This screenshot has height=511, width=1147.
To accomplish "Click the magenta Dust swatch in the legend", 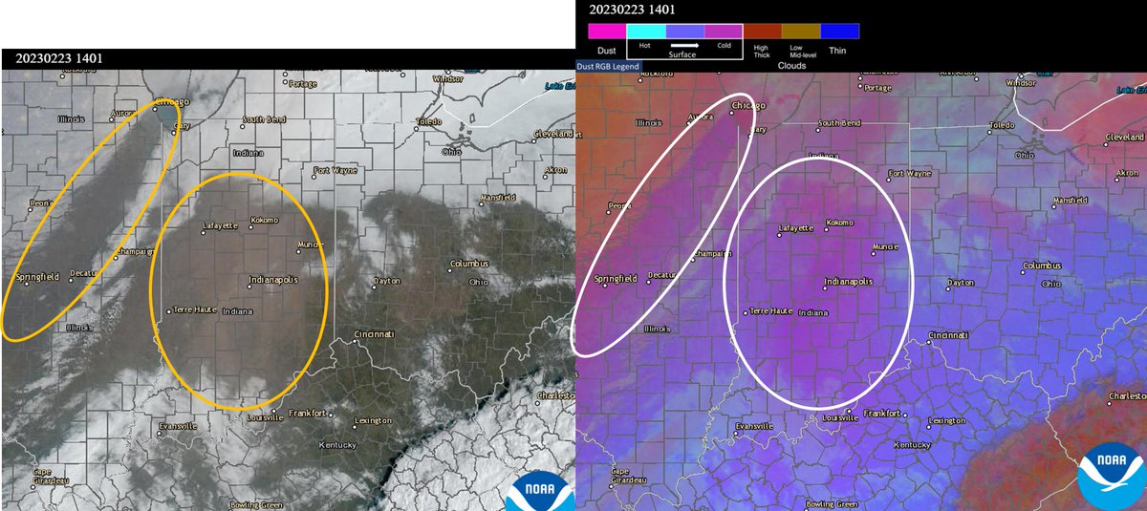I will [607, 31].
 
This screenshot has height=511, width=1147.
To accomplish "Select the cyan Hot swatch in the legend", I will [645, 31].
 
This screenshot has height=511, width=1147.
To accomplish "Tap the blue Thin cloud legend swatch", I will [839, 31].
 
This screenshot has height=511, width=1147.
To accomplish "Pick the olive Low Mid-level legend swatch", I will [800, 31].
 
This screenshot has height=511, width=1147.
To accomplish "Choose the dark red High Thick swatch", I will [762, 31].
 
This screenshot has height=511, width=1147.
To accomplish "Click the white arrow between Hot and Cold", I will [684, 45].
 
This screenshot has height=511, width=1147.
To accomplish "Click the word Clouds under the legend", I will [792, 66].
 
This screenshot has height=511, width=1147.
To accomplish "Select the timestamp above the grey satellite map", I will [59, 58].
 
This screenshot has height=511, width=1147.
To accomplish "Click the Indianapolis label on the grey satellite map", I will [274, 280].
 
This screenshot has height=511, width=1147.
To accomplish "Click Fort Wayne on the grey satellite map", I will [335, 173].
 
